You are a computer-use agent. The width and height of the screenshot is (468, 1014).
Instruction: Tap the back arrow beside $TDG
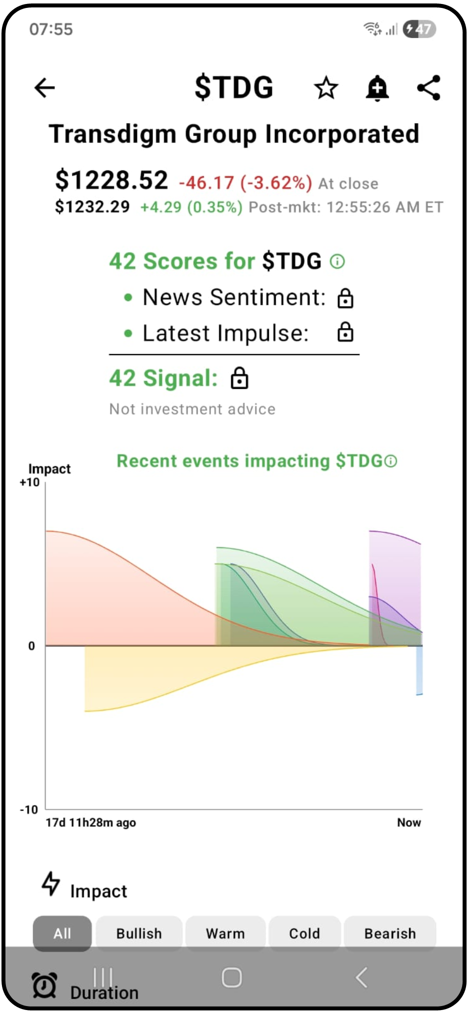tap(45, 88)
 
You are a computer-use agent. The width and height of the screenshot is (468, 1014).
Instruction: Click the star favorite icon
tap(326, 88)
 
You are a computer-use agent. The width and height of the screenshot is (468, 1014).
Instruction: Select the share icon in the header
tap(429, 88)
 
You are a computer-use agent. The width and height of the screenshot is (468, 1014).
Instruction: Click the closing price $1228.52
tap(111, 180)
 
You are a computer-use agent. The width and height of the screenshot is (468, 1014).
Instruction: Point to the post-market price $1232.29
tap(92, 207)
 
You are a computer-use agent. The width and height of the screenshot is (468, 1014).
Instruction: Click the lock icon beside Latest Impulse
tap(345, 332)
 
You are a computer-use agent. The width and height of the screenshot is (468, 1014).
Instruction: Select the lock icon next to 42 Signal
tap(240, 378)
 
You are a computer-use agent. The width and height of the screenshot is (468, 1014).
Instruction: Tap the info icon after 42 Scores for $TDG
tap(337, 261)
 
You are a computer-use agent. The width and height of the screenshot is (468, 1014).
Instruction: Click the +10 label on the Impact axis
tap(30, 482)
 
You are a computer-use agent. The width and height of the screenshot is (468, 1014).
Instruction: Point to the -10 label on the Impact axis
tap(29, 810)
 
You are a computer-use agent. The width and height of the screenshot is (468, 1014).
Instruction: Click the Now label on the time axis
tap(409, 822)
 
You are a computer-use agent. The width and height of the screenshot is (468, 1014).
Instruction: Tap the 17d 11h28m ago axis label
tap(91, 822)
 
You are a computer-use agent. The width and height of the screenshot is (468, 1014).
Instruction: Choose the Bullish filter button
tap(139, 933)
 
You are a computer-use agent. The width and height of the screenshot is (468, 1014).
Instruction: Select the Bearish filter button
tap(390, 933)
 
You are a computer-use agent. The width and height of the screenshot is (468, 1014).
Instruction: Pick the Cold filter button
tap(305, 933)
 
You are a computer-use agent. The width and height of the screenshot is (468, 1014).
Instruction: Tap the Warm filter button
tap(225, 933)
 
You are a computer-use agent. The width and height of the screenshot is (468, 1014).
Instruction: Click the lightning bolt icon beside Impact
tap(51, 884)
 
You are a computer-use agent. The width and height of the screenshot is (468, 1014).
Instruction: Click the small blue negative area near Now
tap(419, 670)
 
